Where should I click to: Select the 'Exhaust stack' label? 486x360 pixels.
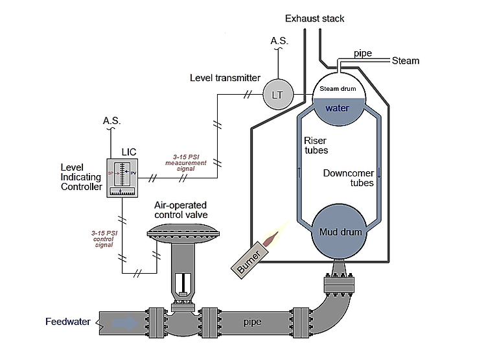315,19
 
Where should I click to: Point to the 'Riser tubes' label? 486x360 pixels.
316,145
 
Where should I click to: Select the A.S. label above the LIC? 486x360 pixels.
112,121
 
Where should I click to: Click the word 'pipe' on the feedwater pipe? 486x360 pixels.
252,321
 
